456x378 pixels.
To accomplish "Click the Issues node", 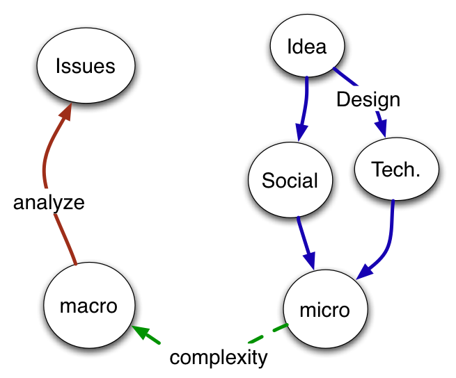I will point(85,67).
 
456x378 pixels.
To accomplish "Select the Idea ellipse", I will point(306,47).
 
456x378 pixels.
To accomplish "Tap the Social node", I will point(290,181).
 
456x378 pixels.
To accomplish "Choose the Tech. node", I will point(396,170).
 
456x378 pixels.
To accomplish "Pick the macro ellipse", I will point(88,306).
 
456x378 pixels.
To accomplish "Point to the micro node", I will point(324,309).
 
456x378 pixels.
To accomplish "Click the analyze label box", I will point(49,202).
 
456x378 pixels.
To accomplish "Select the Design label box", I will point(368,99).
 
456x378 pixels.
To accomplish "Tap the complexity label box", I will point(219,357).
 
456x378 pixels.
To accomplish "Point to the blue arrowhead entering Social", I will point(301,131).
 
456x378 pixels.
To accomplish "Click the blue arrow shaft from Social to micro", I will point(305,241).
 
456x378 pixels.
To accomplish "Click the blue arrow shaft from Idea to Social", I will point(306,97).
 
